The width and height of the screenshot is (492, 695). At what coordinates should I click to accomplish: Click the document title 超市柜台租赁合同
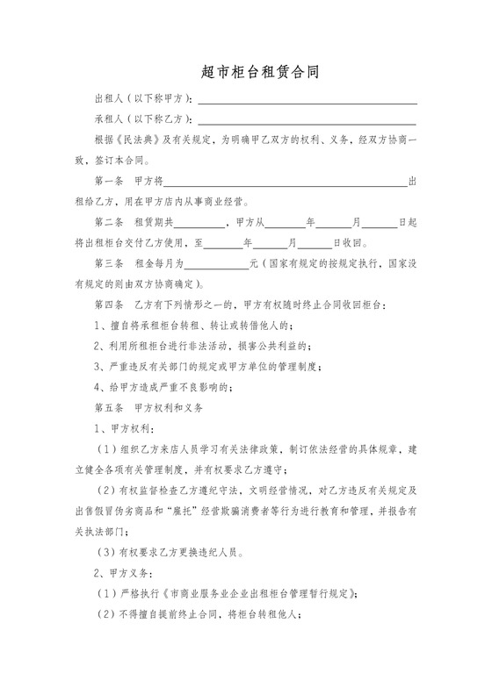point(246,75)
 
